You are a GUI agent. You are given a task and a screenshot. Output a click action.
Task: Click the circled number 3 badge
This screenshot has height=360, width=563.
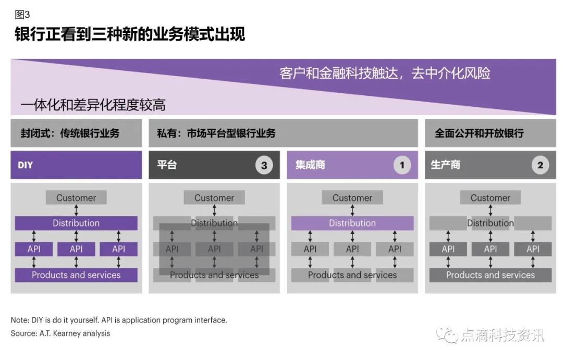[264, 166]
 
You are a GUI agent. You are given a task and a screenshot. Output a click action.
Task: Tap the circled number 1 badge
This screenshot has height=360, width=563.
[402, 166]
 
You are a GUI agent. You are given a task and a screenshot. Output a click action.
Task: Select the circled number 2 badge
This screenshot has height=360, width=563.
[540, 166]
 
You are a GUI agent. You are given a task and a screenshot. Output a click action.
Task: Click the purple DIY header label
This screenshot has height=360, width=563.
[25, 165]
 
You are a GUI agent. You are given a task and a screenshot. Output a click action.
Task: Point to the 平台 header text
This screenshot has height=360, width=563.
[167, 165]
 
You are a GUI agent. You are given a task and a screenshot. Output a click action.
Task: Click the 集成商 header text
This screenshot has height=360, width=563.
[310, 165]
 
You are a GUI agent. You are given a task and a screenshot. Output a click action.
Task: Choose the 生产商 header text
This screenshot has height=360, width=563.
[445, 165]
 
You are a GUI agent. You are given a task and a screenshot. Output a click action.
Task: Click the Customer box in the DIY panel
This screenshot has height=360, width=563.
[76, 197]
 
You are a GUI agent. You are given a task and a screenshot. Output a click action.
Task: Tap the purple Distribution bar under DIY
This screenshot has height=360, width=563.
[76, 223]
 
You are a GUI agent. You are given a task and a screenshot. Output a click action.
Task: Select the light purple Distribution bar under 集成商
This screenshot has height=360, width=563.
[352, 223]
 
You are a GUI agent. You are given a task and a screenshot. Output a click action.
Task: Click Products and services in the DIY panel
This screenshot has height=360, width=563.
[76, 275]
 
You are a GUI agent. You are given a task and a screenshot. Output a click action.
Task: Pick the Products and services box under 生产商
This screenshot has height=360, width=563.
[491, 275]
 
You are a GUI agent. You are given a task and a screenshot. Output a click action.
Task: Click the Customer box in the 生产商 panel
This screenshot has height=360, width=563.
[491, 197]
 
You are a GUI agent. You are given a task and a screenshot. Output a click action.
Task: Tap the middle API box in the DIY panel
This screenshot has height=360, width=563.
[76, 249]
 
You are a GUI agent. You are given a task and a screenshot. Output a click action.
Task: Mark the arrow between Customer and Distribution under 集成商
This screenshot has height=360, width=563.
[352, 210]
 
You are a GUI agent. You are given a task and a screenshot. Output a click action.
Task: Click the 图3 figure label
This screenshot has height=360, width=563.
[22, 15]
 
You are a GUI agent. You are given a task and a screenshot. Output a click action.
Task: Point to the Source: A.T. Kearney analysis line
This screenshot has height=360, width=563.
[60, 333]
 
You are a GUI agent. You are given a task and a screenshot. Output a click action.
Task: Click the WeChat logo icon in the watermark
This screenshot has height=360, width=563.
[447, 335]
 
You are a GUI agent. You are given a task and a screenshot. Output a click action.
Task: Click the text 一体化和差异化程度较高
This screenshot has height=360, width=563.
[93, 105]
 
